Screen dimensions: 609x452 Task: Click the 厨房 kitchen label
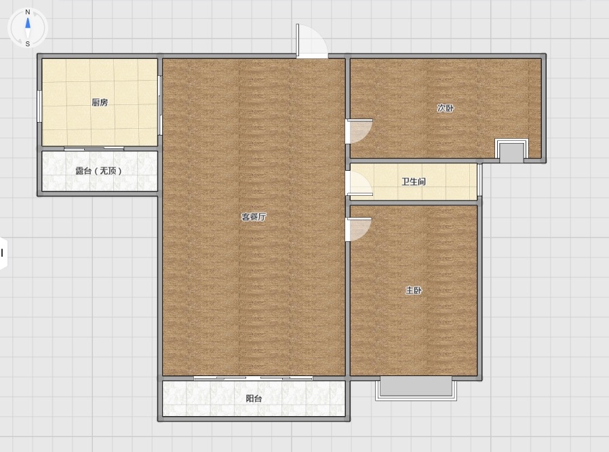[x=100, y=102]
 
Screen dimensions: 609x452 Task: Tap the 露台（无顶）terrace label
[x=98, y=171]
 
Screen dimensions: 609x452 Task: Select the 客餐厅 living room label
[x=254, y=217]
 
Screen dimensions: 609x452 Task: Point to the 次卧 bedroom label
[x=445, y=108]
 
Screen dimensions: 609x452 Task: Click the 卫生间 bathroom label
[x=414, y=182]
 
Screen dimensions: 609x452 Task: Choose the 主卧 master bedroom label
[x=414, y=290]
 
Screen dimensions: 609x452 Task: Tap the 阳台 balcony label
[x=254, y=398]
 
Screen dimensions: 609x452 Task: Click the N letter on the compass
[x=28, y=12]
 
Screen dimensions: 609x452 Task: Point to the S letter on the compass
[x=28, y=44]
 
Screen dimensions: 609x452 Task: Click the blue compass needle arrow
[x=28, y=23]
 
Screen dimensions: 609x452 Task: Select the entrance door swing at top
[x=312, y=41]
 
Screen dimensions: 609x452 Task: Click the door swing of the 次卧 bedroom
[x=359, y=131]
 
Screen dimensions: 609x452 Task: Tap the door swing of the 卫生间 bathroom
[x=359, y=183]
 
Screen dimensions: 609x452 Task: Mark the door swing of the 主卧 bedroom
[x=359, y=229]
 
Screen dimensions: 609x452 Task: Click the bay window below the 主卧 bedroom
[x=416, y=388]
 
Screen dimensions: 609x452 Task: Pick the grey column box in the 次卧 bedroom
[x=511, y=151]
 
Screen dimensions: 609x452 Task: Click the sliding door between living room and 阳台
[x=253, y=377]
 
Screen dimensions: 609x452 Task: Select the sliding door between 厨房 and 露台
[x=94, y=148]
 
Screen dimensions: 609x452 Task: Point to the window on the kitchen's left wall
[x=39, y=106]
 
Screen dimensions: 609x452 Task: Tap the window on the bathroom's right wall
[x=479, y=180]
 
